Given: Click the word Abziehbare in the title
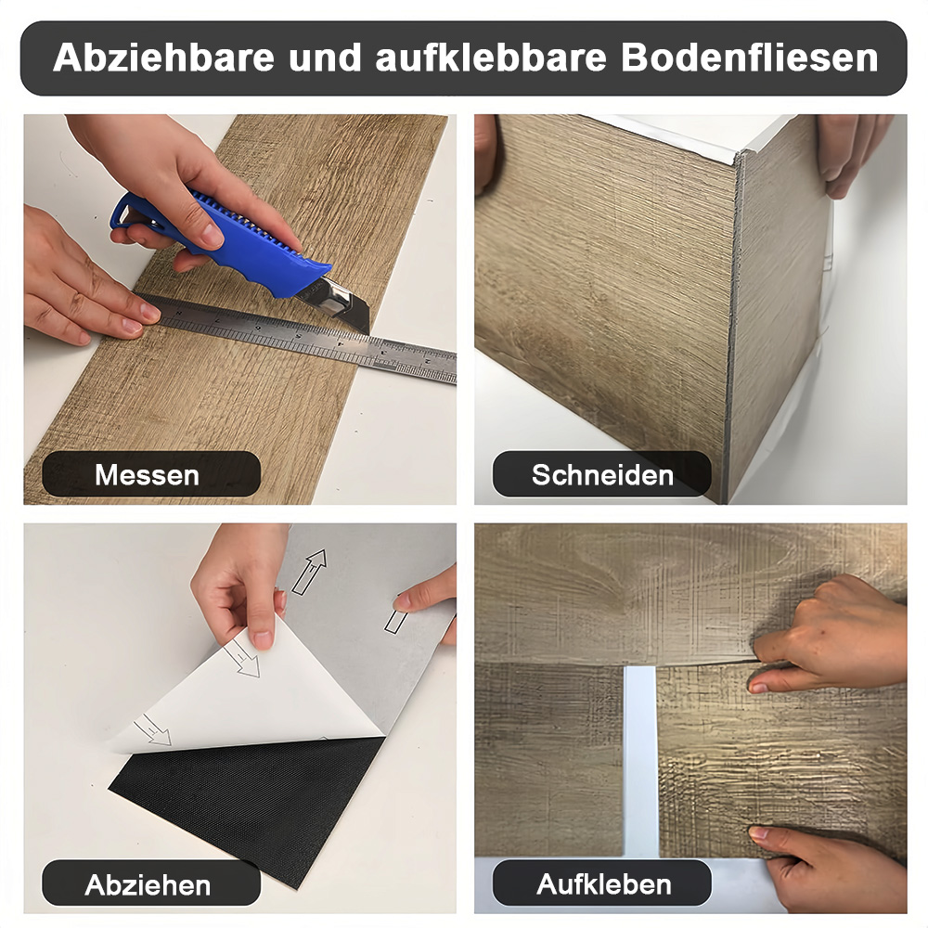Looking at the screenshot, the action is [163, 58].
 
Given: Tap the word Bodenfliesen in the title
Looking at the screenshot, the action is [749, 58].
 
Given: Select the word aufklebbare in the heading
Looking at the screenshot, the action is [491, 58].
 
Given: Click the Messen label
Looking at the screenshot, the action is [147, 474].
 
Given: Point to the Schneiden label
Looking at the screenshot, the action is [602, 474].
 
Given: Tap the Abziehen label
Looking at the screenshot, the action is [148, 885].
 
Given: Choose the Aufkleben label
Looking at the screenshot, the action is [604, 884].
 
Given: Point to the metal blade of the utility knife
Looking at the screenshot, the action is [343, 304].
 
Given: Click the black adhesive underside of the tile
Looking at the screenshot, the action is [249, 805].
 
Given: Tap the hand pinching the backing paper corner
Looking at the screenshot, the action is [241, 586].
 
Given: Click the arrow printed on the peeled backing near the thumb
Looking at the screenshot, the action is [241, 658].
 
